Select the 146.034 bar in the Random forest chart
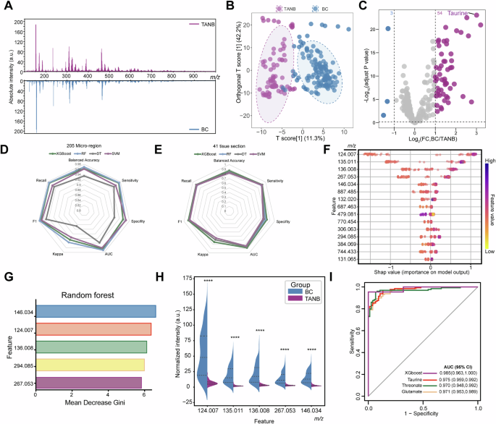point(96,311)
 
